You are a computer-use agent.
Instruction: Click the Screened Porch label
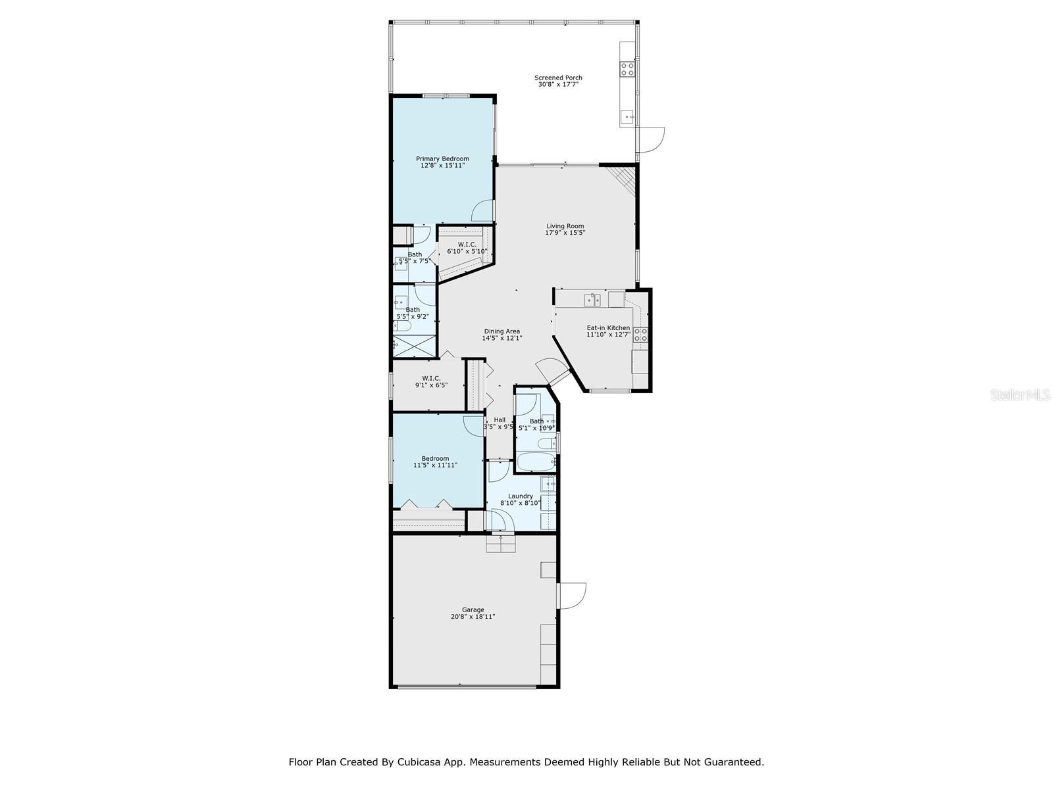[x=558, y=78]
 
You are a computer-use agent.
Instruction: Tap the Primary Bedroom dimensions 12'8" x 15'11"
[x=442, y=166]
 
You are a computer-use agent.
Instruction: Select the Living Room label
[x=565, y=226]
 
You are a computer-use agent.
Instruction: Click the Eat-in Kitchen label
[x=608, y=327]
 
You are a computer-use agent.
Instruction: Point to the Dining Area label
[x=502, y=331]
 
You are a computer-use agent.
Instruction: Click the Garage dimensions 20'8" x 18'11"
[x=473, y=617]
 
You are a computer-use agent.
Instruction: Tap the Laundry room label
[x=520, y=496]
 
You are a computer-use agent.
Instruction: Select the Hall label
[x=500, y=420]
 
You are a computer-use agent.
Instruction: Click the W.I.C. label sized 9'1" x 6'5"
[x=431, y=378]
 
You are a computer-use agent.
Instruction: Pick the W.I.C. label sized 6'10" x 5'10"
[x=467, y=245]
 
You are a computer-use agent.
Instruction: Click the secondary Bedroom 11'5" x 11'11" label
[x=435, y=458]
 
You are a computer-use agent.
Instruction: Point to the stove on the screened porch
[x=627, y=69]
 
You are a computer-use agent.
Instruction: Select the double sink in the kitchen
[x=592, y=300]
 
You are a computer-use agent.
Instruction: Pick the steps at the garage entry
[x=500, y=544]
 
